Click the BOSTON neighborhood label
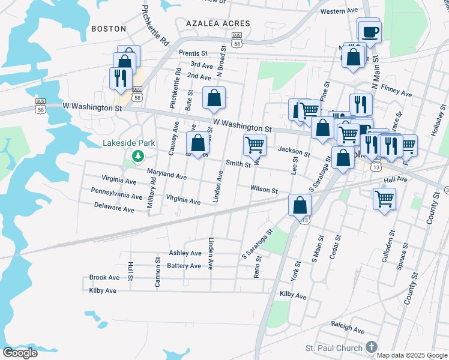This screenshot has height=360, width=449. tap(109, 28)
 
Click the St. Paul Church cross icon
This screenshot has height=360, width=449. tap(371, 347)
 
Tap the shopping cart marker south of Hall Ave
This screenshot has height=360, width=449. tap(384, 198)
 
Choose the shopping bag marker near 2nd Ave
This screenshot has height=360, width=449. tap(214, 97)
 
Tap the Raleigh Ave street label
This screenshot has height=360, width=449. tap(348, 330)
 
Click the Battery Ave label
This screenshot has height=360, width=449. tap(184, 266)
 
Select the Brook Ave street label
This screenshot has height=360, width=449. tap(104, 278)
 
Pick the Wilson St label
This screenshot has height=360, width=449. tap(264, 190)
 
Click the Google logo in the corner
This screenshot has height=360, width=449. tap(20, 353)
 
